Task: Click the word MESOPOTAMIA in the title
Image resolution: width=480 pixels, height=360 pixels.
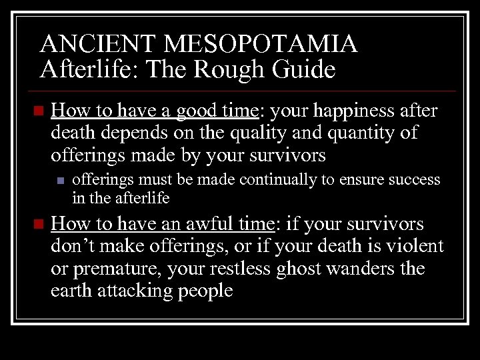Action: (261, 45)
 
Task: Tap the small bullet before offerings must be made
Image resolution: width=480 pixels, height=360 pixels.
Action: (61, 180)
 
